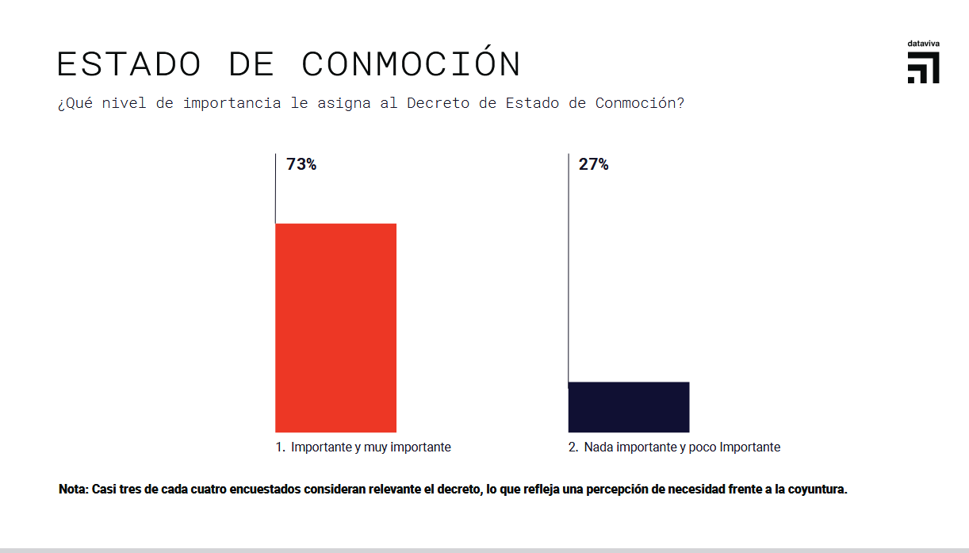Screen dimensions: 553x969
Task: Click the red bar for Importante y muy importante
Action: click(335, 328)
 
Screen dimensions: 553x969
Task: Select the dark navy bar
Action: click(629, 407)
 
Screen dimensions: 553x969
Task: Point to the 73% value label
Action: click(301, 165)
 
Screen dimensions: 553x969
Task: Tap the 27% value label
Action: click(594, 165)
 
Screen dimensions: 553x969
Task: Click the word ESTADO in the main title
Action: click(128, 64)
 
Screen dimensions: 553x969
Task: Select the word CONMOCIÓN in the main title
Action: click(411, 64)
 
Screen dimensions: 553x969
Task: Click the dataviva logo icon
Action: click(924, 68)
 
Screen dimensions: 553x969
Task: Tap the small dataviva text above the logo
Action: click(924, 43)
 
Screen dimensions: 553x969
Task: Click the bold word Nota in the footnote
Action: click(74, 489)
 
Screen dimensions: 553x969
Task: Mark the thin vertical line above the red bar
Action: click(275, 188)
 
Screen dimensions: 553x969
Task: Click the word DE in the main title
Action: click(251, 64)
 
